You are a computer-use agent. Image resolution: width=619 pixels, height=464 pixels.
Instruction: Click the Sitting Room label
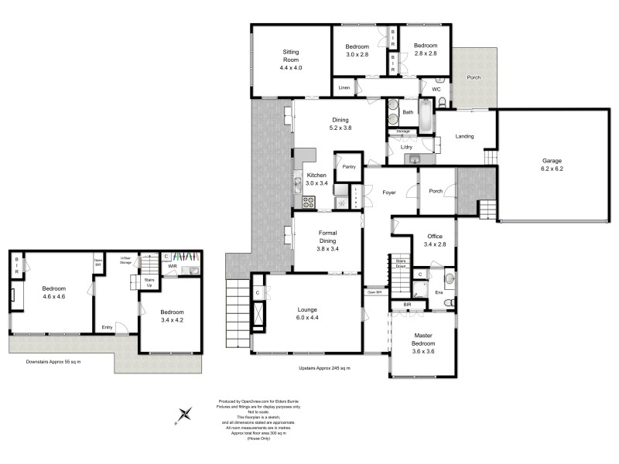click(x=291, y=60)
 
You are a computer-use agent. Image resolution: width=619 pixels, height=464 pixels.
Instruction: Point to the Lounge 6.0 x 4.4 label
click(x=308, y=312)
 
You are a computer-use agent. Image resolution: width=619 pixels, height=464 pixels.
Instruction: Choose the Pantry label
click(x=348, y=166)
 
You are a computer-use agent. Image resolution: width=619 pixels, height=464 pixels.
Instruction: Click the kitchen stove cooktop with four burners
click(x=308, y=203)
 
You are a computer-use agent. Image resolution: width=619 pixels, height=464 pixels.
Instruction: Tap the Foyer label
click(x=389, y=192)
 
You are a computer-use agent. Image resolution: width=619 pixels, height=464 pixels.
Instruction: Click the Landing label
click(x=464, y=137)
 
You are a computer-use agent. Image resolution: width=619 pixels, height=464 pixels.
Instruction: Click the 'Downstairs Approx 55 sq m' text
click(x=53, y=362)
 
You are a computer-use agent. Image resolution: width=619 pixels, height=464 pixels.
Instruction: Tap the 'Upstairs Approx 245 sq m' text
click(x=324, y=367)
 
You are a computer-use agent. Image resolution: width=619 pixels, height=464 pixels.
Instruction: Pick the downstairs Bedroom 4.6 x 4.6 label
click(x=53, y=292)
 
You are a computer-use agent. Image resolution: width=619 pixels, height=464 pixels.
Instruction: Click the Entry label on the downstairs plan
click(x=107, y=326)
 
